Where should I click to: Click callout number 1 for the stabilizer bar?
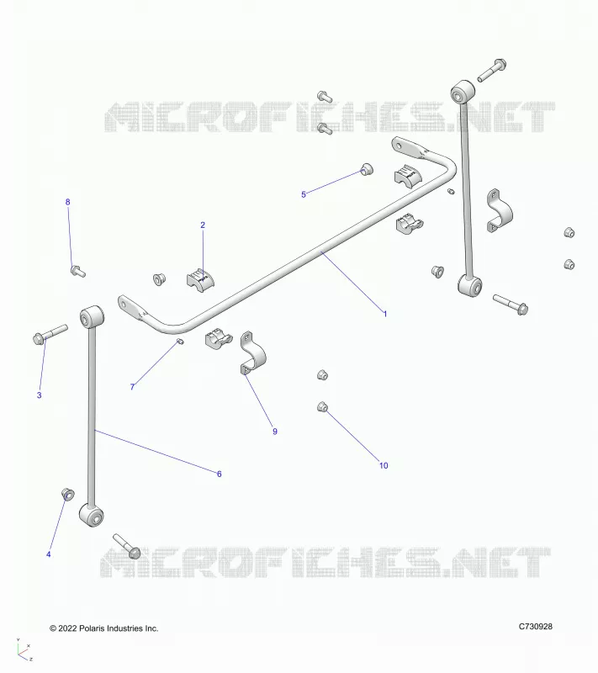pyautogui.click(x=385, y=314)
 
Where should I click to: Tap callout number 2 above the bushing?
pyautogui.click(x=203, y=225)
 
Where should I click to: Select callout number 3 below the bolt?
pyautogui.click(x=39, y=395)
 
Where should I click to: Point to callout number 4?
pyautogui.click(x=49, y=554)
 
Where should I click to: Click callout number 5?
pyautogui.click(x=304, y=194)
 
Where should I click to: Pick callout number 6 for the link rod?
pyautogui.click(x=220, y=474)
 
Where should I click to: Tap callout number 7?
pyautogui.click(x=132, y=387)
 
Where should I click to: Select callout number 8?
pyautogui.click(x=67, y=202)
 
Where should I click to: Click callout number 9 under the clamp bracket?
pyautogui.click(x=275, y=432)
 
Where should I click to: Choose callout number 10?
pyautogui.click(x=384, y=466)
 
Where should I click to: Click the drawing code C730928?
pyautogui.click(x=536, y=626)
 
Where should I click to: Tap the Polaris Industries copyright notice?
pyautogui.click(x=104, y=628)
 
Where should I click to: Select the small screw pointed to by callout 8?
pyautogui.click(x=78, y=271)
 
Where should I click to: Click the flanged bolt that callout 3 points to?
pyautogui.click(x=50, y=334)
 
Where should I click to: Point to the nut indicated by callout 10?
pyautogui.click(x=323, y=406)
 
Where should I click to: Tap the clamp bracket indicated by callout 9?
pyautogui.click(x=252, y=352)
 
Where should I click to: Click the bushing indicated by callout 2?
pyautogui.click(x=200, y=278)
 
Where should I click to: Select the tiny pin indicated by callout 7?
pyautogui.click(x=180, y=342)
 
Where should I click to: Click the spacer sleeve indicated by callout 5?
pyautogui.click(x=367, y=169)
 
